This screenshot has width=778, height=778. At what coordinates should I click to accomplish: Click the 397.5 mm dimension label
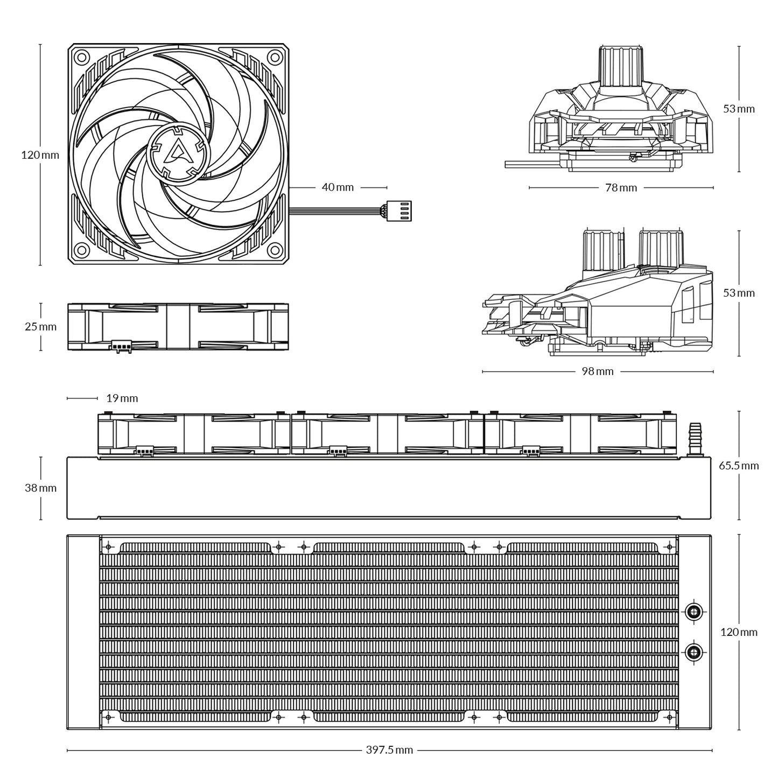click(x=389, y=750)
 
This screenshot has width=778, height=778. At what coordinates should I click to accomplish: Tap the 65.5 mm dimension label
click(x=739, y=465)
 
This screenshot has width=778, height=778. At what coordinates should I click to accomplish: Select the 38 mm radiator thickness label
click(x=40, y=488)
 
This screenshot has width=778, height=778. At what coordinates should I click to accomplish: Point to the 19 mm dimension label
click(x=122, y=398)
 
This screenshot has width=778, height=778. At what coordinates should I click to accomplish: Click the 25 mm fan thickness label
click(x=40, y=326)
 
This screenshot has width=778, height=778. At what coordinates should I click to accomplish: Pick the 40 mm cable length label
click(x=338, y=187)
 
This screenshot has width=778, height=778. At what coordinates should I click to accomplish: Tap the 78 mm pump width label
click(x=621, y=188)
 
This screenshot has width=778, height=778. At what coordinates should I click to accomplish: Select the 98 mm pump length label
click(x=597, y=372)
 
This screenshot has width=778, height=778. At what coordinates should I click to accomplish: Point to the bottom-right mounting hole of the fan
click(x=275, y=250)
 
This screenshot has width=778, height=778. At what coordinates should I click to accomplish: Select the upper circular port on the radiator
click(x=693, y=611)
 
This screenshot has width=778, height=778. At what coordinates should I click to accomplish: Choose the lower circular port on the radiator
click(x=693, y=653)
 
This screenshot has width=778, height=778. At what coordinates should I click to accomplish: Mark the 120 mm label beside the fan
click(x=40, y=155)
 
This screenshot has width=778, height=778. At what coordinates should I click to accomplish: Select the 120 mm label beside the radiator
click(x=739, y=632)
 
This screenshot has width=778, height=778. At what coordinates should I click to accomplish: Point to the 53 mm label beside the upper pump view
click(x=739, y=109)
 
